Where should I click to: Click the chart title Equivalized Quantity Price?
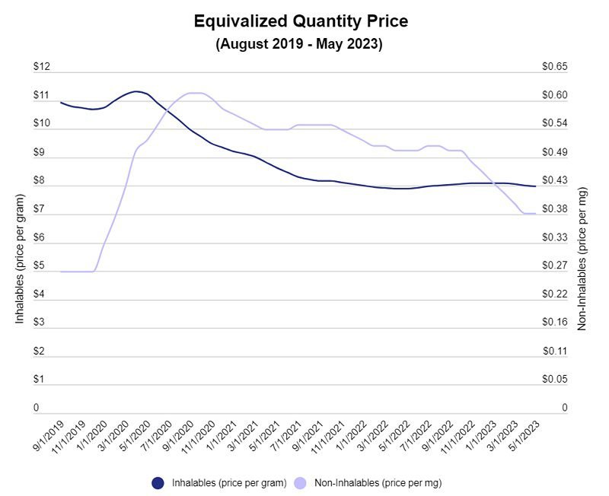301,21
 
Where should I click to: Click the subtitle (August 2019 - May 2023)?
299,44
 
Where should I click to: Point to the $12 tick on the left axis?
41,67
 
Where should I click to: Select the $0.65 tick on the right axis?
554,67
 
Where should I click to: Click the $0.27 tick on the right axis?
554,266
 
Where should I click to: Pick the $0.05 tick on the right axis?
554,380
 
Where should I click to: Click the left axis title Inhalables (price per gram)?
20,259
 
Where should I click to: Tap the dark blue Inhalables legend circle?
158,482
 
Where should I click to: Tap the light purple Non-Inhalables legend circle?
300,482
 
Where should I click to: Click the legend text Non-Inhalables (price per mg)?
378,482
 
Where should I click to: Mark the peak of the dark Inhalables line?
136,91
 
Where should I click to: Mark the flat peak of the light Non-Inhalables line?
195,93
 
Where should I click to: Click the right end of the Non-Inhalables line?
536,214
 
